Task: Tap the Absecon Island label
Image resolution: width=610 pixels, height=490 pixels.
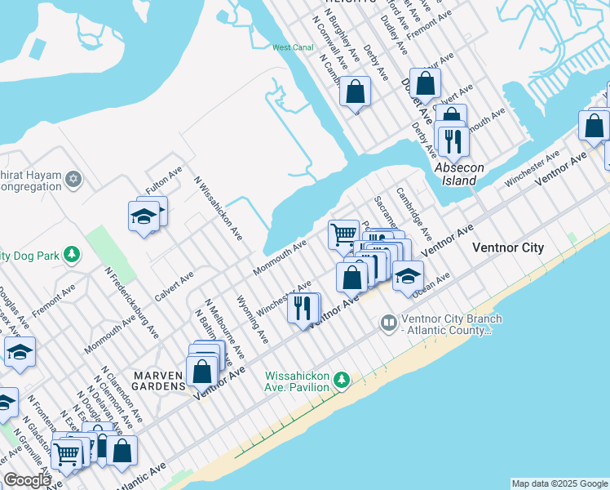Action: click(459, 174)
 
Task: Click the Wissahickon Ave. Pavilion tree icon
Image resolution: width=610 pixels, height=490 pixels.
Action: click(342, 380)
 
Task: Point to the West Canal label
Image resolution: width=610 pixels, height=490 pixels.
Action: click(293, 48)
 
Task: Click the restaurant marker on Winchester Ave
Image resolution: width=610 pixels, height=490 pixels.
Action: click(303, 309)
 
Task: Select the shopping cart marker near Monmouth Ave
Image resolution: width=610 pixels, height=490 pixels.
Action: click(343, 234)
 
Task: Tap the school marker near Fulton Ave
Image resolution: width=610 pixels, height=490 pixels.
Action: click(144, 217)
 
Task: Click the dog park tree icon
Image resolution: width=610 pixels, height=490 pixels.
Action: click(73, 255)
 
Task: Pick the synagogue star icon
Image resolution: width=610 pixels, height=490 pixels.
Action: click(73, 178)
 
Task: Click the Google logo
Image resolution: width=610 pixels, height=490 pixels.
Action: click(26, 481)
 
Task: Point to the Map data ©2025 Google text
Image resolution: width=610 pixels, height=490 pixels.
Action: click(559, 483)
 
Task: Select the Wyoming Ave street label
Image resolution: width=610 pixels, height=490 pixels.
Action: click(251, 317)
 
